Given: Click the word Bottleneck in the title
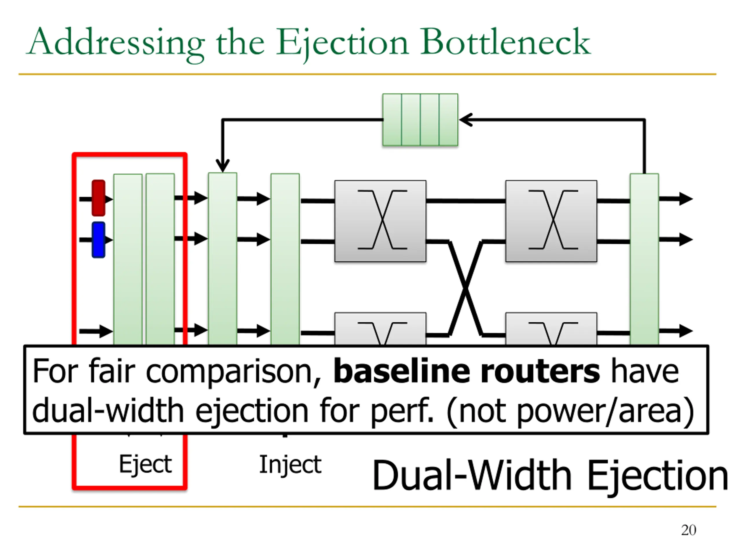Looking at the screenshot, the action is pyautogui.click(x=506, y=42).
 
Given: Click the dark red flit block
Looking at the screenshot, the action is pyautogui.click(x=98, y=198).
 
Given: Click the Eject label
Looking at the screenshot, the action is pyautogui.click(x=145, y=464).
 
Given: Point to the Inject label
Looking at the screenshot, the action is pyautogui.click(x=290, y=464).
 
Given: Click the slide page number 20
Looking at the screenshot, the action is pyautogui.click(x=688, y=530).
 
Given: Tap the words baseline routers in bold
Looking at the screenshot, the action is pyautogui.click(x=467, y=371).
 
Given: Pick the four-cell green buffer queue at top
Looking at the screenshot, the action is pyautogui.click(x=420, y=120).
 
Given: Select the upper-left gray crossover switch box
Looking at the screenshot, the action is pyautogui.click(x=380, y=221).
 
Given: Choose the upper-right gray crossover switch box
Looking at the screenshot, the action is pyautogui.click(x=551, y=221).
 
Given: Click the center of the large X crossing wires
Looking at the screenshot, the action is pyautogui.click(x=465, y=288).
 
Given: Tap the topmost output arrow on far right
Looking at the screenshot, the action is pyautogui.click(x=676, y=199).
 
